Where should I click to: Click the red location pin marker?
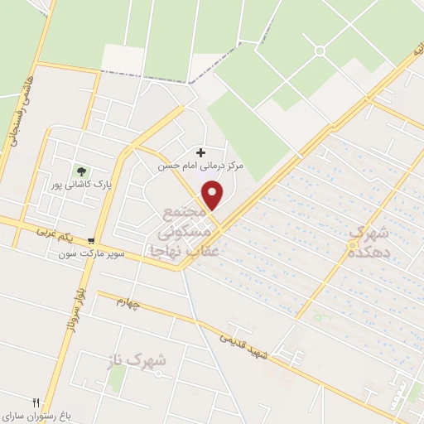[214, 195]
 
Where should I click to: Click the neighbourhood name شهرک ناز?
[137, 360]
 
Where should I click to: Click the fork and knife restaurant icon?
[36, 403]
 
